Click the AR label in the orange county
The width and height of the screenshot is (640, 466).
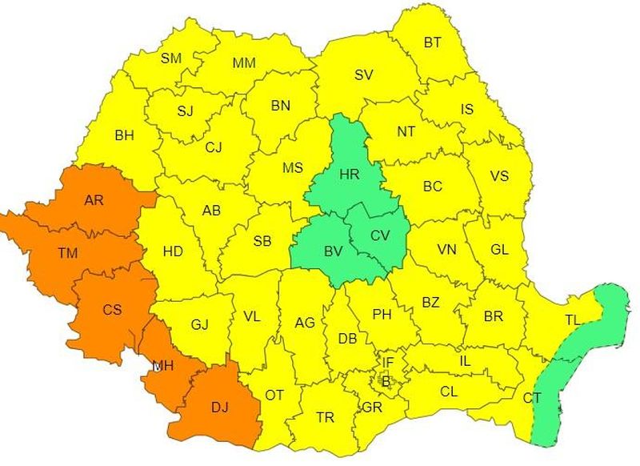pyautogui.click(x=94, y=200)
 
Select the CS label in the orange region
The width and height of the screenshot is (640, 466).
pyautogui.click(x=112, y=309)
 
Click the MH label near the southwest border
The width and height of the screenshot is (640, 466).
pyautogui.click(x=164, y=366)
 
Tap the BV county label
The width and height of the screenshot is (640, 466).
pyautogui.click(x=334, y=251)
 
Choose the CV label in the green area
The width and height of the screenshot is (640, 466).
pyautogui.click(x=381, y=235)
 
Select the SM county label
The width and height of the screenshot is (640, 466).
pyautogui.click(x=171, y=58)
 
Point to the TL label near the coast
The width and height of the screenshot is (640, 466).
pyautogui.click(x=572, y=320)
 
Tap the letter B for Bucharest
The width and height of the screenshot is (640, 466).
pyautogui.click(x=386, y=381)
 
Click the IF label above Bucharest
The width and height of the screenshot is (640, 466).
pyautogui.click(x=387, y=363)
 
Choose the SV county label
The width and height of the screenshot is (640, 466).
pyautogui.click(x=364, y=75)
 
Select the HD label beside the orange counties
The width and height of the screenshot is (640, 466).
pyautogui.click(x=173, y=251)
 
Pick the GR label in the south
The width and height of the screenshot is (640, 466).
pyautogui.click(x=372, y=407)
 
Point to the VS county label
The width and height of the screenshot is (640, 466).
pyautogui.click(x=499, y=176)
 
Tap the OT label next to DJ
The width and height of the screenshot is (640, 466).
pyautogui.click(x=275, y=395)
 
